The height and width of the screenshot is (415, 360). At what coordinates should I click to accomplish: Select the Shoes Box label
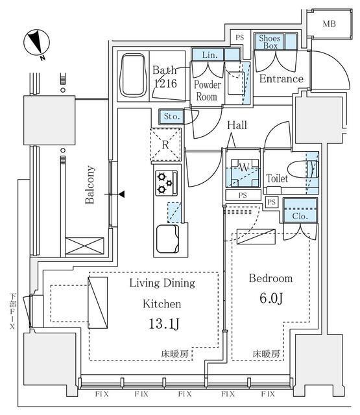pyautogui.click(x=269, y=42)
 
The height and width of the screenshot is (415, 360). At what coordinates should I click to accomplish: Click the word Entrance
pyautogui.click(x=281, y=79)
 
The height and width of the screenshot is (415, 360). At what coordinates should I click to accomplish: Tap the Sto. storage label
pyautogui.click(x=171, y=117)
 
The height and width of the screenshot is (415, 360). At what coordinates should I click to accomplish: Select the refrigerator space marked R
pyautogui.click(x=165, y=144)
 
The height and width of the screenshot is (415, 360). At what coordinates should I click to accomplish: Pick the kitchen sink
pyautogui.click(x=167, y=239)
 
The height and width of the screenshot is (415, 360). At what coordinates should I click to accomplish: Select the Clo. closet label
pyautogui.click(x=299, y=216)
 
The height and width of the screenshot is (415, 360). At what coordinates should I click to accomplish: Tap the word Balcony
pyautogui.click(x=91, y=185)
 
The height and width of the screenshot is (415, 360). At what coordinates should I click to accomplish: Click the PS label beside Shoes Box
pyautogui.click(x=239, y=38)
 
